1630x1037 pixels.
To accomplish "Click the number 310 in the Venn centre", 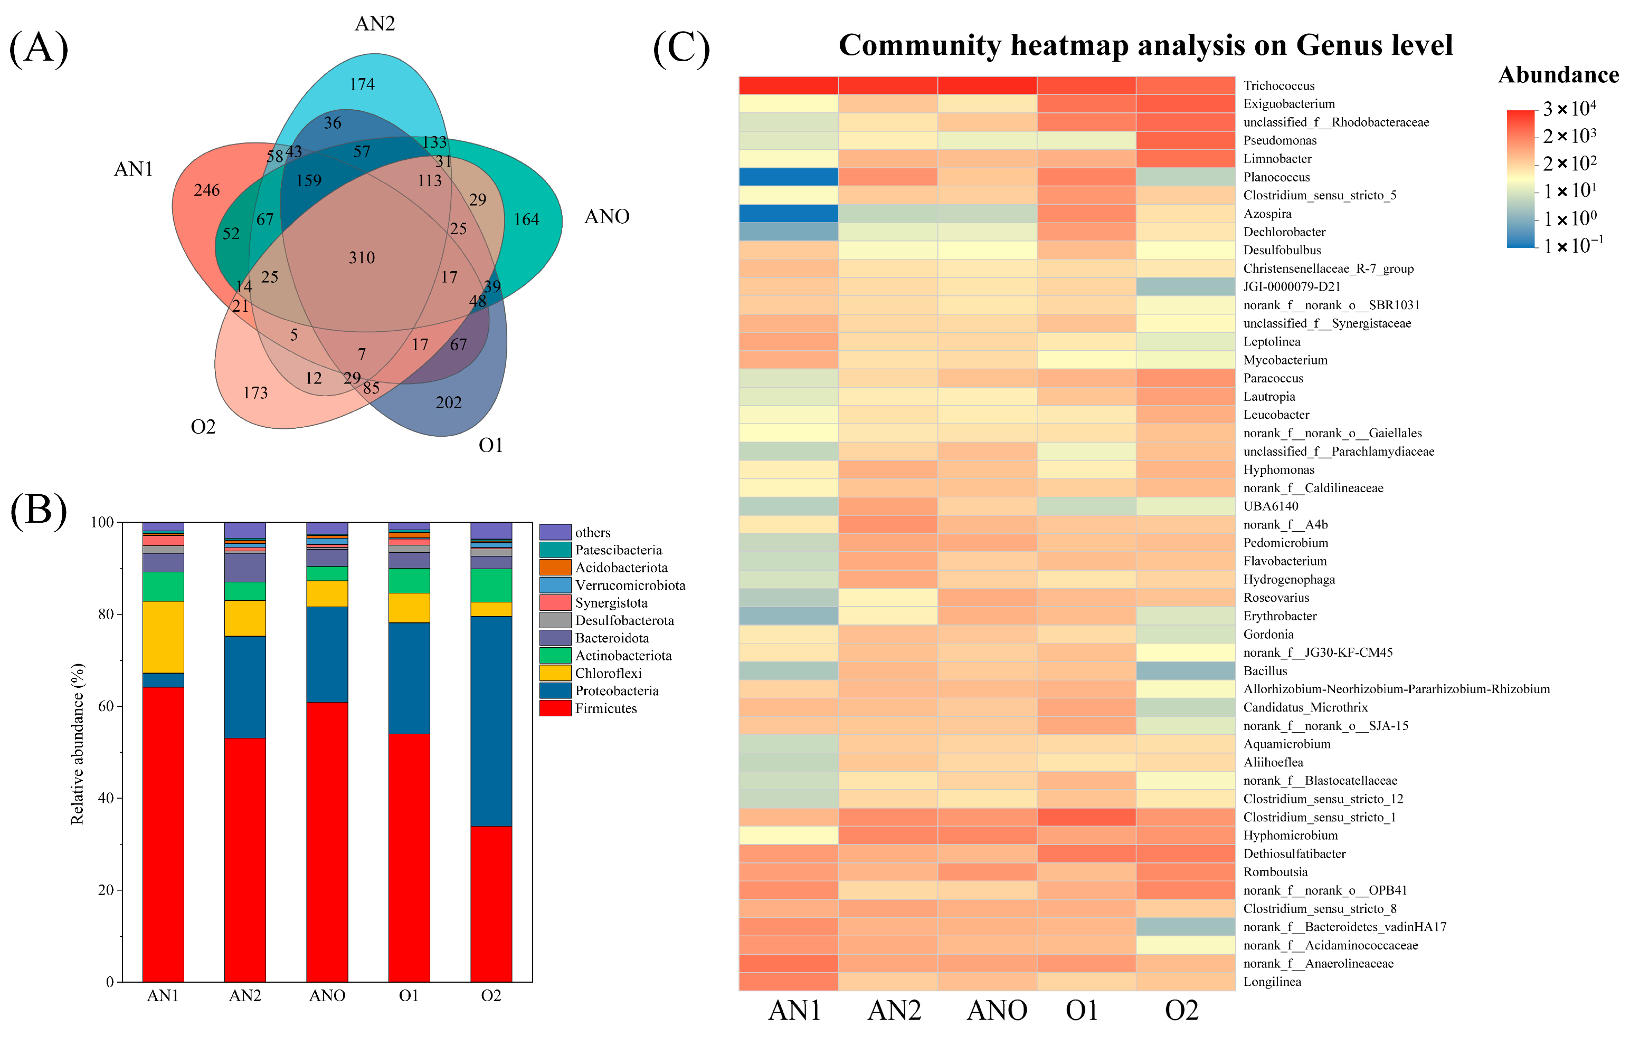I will (362, 258).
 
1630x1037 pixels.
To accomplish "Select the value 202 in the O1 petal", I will (448, 403).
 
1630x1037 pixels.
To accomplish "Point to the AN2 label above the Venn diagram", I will (374, 24).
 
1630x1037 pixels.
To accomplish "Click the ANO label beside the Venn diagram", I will (606, 216).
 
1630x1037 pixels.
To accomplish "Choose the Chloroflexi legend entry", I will (608, 673).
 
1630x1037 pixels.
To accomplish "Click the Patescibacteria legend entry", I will (618, 550).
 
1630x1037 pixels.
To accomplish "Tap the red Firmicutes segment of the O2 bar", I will (491, 903).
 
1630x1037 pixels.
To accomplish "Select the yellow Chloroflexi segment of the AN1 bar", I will (163, 637).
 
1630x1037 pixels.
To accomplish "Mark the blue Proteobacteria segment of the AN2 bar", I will (245, 687).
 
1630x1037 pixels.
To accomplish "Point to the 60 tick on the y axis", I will (105, 706).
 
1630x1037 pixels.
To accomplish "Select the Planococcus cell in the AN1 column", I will (788, 177).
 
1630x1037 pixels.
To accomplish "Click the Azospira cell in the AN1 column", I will (788, 214).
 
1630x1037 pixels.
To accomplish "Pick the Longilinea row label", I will (1272, 982).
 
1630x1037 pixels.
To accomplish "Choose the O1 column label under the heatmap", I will (1082, 1011).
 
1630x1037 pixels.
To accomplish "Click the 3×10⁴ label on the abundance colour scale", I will (1569, 108).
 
